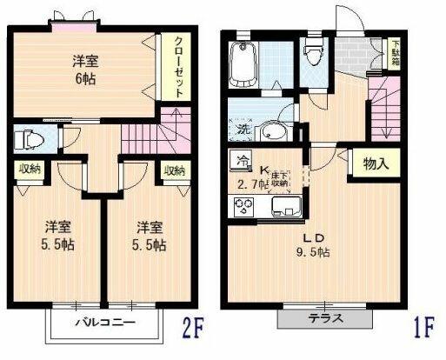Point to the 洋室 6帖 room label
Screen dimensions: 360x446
coord(85,69)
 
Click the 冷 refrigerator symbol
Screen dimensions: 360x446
coord(240,160)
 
